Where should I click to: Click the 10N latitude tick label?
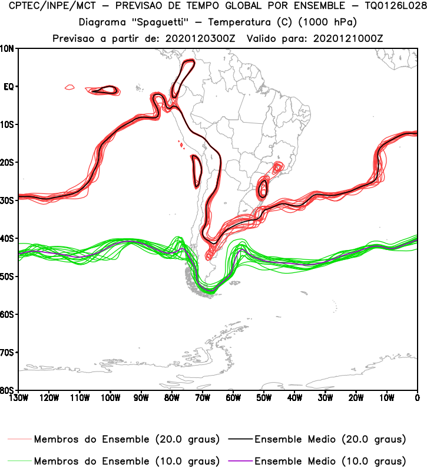click(8, 49)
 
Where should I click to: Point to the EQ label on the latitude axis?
click(8, 87)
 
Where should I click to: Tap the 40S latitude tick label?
click(8, 239)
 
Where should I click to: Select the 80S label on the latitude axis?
click(8, 390)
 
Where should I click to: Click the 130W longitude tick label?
click(18, 398)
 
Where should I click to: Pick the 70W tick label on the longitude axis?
click(202, 398)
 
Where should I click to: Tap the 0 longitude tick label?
click(417, 398)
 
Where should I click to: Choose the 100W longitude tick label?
click(110, 398)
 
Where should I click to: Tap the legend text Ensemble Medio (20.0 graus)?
click(330, 439)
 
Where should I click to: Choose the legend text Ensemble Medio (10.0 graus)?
click(330, 461)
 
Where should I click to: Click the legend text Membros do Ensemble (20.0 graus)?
click(127, 439)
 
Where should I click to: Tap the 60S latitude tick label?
click(8, 314)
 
